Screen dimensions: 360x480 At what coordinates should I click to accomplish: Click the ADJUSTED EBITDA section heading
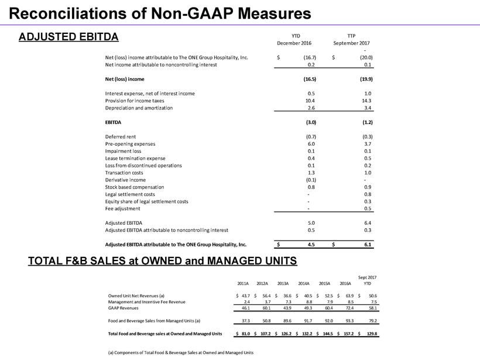click(x=68, y=37)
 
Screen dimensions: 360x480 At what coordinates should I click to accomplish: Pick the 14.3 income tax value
click(x=367, y=101)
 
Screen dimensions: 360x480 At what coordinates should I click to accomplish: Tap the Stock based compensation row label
click(x=135, y=187)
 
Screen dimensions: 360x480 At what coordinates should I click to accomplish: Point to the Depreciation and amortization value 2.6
click(x=311, y=108)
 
